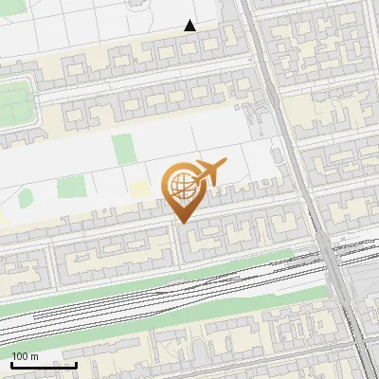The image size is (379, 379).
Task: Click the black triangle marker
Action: tap(190, 26)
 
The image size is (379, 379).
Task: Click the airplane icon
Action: tap(209, 172)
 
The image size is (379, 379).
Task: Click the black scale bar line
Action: tap(44, 365)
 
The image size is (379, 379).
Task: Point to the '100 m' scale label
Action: tap(26, 356)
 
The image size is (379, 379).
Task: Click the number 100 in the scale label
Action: tap(21, 356)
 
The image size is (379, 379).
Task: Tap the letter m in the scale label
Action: tap(35, 356)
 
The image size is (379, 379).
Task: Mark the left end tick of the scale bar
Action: tap(11, 363)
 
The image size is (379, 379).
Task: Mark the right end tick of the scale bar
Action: tap(76, 363)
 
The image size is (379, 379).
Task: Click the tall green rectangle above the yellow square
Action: tap(122, 150)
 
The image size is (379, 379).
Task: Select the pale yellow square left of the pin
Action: tap(140, 189)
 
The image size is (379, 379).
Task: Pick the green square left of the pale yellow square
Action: tap(69, 188)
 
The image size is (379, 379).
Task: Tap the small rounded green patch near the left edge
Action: tap(27, 200)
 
